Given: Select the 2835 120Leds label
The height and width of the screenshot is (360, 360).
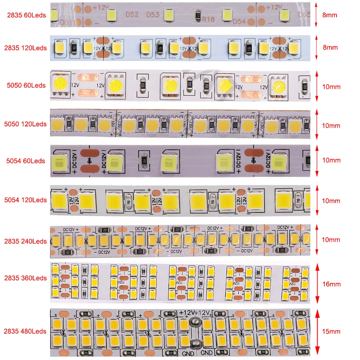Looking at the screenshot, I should (x=25, y=48).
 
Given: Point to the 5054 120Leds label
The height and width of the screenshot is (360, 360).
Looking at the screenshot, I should (x=25, y=200).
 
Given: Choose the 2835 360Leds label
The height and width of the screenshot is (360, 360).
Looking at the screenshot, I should (x=25, y=278).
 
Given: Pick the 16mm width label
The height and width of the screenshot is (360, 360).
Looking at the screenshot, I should (x=331, y=284).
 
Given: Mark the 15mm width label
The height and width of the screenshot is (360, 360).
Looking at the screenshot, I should (x=331, y=332).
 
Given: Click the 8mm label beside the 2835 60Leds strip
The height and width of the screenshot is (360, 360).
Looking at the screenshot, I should (x=330, y=15).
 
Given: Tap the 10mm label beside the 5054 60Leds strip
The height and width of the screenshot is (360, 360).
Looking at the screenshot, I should (x=330, y=160).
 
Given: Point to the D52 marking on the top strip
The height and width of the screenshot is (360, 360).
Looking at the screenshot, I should (x=132, y=15).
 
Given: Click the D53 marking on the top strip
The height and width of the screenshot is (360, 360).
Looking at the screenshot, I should (x=153, y=15).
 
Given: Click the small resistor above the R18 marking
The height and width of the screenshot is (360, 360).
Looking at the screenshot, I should (x=197, y=15).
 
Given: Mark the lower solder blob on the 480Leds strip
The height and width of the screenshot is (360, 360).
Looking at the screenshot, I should (x=195, y=344).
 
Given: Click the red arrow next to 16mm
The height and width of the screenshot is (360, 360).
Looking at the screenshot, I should (x=317, y=283).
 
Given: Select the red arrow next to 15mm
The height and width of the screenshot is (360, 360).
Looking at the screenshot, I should (x=317, y=332).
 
